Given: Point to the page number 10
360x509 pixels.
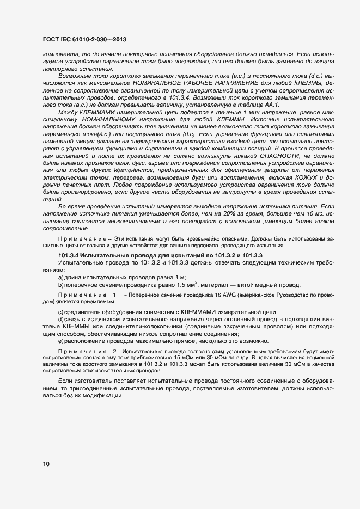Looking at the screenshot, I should [46, 464].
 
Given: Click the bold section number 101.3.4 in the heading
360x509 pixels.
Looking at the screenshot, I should [69, 255].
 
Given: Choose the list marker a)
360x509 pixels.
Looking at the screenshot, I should [61, 277].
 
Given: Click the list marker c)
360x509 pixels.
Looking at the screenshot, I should [61, 311].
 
